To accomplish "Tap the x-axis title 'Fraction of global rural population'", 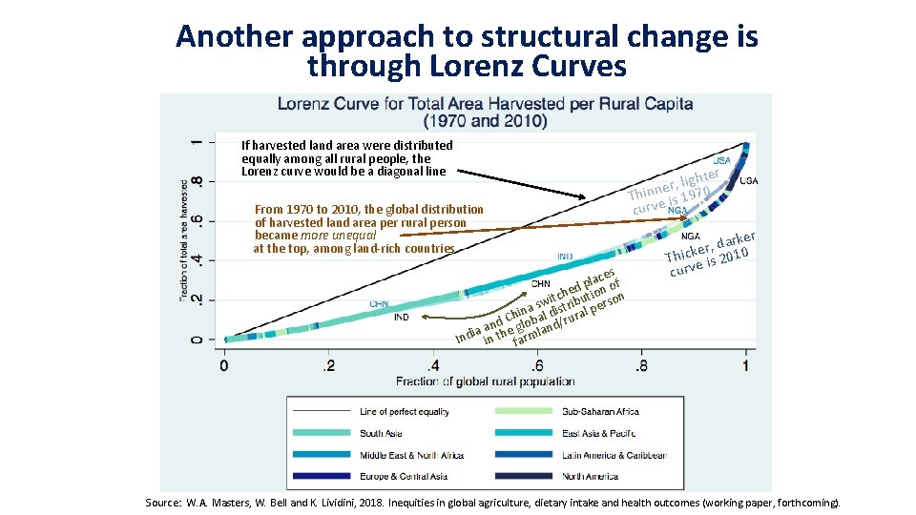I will tap(485, 381).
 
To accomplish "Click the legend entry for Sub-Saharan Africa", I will tap(600, 412).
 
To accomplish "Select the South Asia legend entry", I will tap(381, 433).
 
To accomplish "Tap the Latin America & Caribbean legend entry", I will tap(614, 455).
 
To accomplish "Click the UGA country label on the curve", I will tap(749, 180).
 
